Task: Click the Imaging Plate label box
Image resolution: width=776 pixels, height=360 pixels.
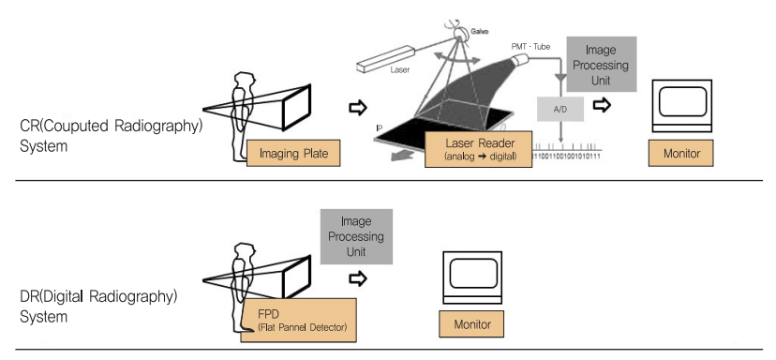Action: [293, 153]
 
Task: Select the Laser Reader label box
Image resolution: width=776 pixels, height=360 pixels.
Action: [479, 149]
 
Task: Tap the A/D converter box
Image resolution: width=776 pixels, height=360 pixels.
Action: [560, 110]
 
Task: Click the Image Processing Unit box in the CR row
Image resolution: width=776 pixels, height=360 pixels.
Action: [601, 65]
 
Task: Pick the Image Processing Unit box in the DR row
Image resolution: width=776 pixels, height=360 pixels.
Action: [356, 236]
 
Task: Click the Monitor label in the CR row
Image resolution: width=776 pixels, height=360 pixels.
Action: [681, 153]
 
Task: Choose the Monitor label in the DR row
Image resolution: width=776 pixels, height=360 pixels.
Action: [472, 323]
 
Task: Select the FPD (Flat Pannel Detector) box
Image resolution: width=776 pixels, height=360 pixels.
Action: [299, 320]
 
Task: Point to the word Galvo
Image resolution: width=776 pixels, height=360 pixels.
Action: [479, 32]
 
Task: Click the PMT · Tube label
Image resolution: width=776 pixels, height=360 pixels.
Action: [530, 47]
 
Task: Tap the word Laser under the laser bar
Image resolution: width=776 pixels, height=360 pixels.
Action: [400, 69]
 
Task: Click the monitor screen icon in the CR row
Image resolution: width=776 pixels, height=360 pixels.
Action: [682, 106]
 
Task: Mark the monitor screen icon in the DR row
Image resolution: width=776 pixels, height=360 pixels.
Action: [472, 277]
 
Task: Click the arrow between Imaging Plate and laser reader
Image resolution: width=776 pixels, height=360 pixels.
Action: [358, 108]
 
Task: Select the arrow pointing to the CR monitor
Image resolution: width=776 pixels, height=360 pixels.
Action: [602, 105]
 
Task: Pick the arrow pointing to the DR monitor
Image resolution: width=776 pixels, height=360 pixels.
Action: [358, 278]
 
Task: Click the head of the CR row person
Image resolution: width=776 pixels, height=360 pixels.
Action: [245, 81]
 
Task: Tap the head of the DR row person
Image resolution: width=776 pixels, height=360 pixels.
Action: [245, 251]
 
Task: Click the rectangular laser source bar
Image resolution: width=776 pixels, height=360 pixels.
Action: [386, 58]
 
